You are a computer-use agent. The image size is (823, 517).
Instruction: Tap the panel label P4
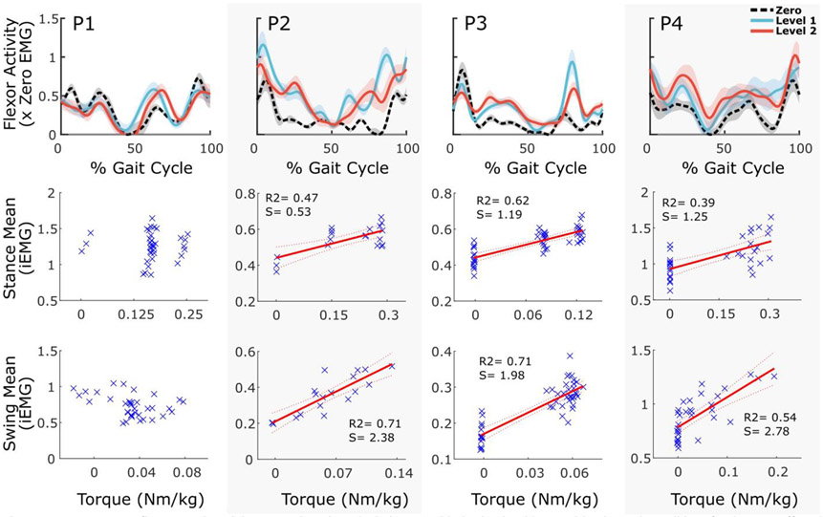[676, 20]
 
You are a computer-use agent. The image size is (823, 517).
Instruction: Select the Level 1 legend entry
[785, 18]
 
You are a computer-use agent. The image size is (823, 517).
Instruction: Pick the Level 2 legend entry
[785, 31]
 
